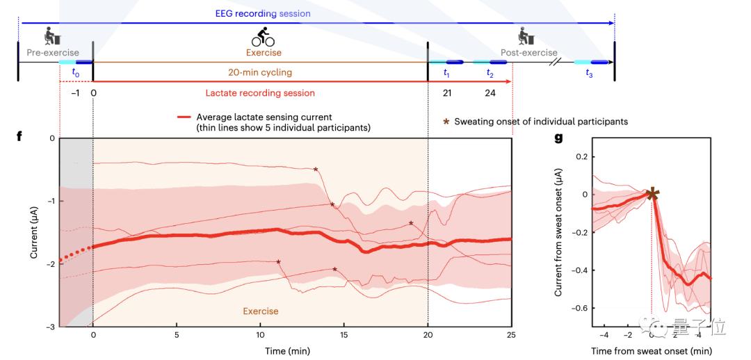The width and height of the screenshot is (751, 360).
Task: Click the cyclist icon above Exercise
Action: [x=262, y=37]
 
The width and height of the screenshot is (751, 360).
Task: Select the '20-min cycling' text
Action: [x=259, y=71]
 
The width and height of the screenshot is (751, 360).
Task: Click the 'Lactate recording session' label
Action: [x=259, y=92]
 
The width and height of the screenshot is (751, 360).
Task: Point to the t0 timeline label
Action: [x=76, y=72]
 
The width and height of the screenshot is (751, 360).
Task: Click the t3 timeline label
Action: [x=589, y=72]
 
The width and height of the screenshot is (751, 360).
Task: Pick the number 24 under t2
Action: [x=490, y=92]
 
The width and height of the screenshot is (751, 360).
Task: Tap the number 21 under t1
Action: [x=447, y=92]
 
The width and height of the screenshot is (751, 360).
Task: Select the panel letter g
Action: [x=558, y=137]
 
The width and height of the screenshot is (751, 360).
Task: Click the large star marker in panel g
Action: [x=652, y=194]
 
